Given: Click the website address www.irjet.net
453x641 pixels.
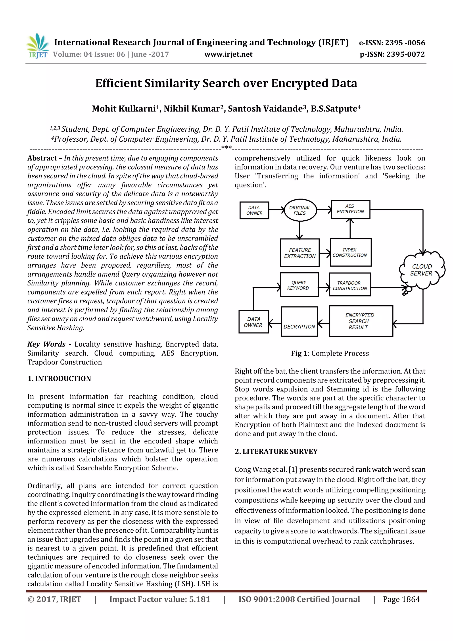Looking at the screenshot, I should (x=228, y=54).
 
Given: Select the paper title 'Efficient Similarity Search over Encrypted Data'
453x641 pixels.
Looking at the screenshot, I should (x=226, y=83).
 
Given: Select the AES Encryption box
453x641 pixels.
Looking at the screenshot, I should (x=350, y=209).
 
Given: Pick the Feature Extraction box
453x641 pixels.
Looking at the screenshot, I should (x=300, y=253).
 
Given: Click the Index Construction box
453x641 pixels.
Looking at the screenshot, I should (x=350, y=252).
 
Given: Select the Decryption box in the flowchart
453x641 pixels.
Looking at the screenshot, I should (x=299, y=322).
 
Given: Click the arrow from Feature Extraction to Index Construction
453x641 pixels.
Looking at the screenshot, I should (x=325, y=253).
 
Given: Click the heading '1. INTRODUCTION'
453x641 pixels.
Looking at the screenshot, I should (x=59, y=379).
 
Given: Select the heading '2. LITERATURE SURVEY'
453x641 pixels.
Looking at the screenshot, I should (x=276, y=451).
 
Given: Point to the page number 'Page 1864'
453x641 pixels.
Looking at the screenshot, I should (x=401, y=599).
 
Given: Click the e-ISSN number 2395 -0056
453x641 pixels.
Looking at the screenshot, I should (x=405, y=43).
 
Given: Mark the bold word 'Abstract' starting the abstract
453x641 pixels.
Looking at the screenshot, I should (x=42, y=158).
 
